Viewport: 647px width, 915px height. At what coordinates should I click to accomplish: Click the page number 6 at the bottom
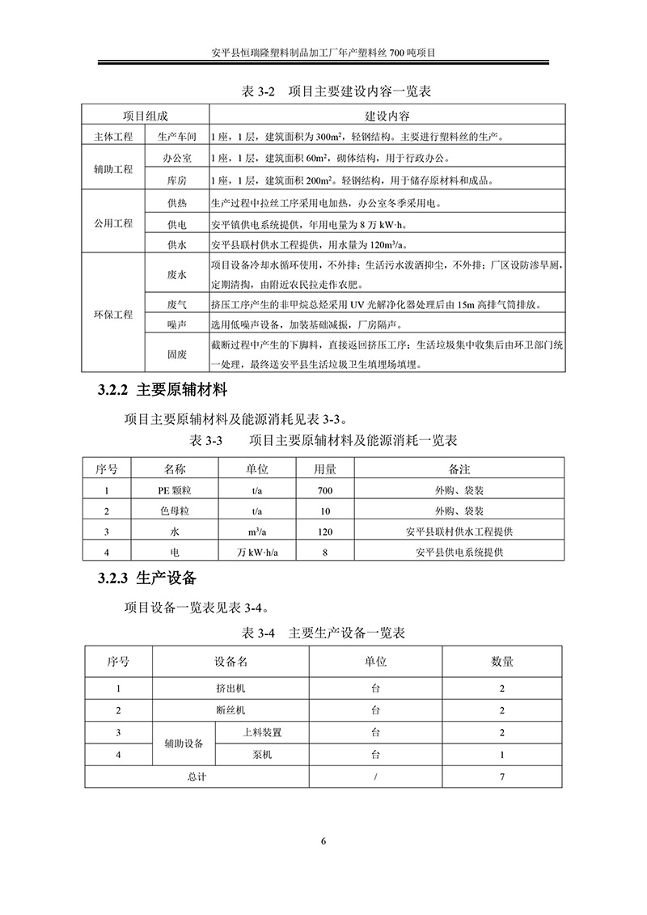323,841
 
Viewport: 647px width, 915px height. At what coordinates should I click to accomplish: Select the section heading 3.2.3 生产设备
147,578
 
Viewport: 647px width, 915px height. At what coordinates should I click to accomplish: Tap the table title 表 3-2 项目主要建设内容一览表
324,91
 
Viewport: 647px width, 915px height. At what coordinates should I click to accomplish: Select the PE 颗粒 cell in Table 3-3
175,490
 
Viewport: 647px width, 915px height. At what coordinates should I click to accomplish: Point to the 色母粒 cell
175,511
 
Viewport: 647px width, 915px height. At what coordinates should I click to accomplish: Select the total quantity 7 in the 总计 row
502,777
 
